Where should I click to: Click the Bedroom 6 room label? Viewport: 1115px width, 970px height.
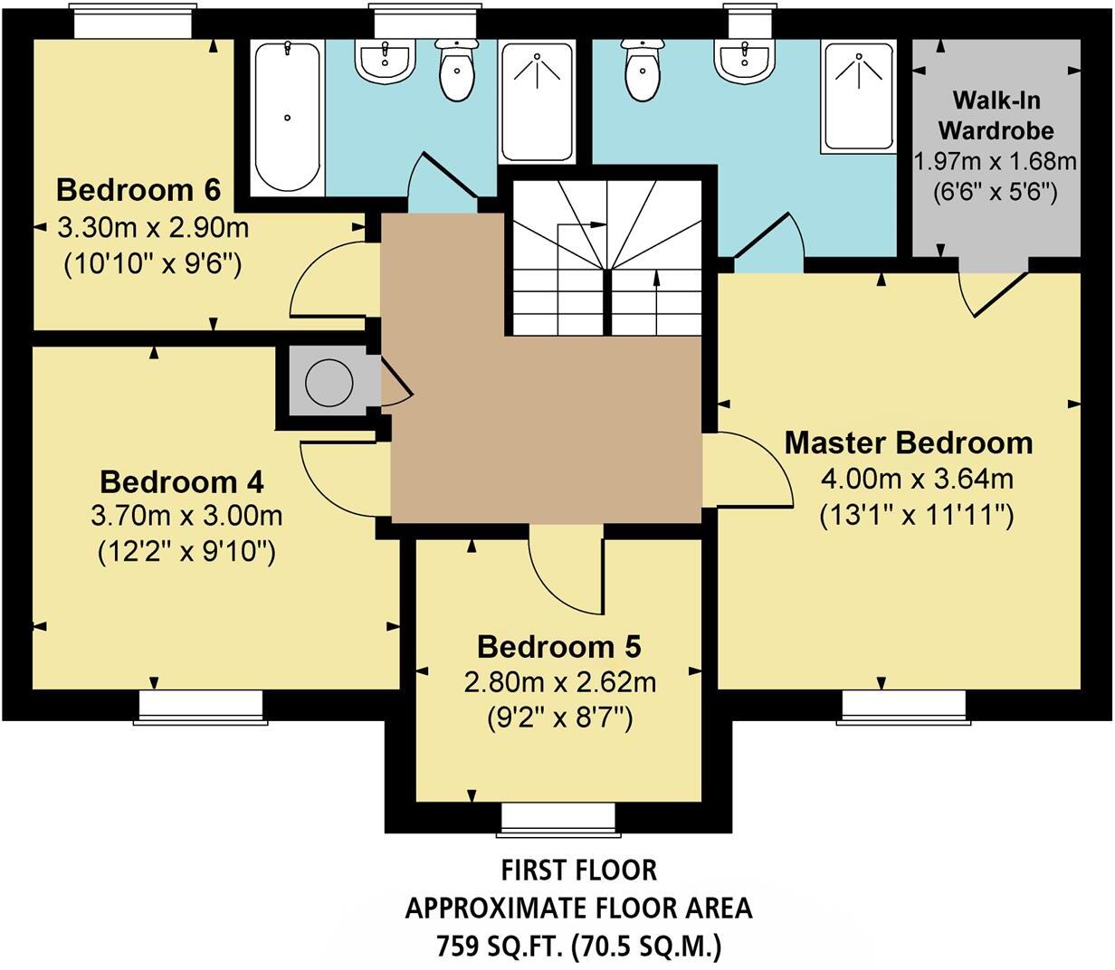click(138, 190)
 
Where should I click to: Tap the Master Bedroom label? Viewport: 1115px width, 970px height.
click(909, 442)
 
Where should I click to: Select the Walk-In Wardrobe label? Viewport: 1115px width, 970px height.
click(996, 116)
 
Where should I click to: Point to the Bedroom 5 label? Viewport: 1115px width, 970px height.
click(559, 647)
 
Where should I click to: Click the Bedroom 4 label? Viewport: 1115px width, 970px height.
click(182, 482)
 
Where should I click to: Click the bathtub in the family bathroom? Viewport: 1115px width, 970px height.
click(288, 119)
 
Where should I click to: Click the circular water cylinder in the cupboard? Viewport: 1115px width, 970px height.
click(329, 381)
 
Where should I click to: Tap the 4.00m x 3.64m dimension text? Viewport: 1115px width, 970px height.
click(917, 480)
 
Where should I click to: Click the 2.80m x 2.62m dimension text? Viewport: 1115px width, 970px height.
click(559, 683)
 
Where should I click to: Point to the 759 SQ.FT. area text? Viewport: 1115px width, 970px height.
click(500, 946)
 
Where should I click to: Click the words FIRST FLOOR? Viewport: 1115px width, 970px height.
click(578, 870)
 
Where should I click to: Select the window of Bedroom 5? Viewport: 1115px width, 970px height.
click(558, 820)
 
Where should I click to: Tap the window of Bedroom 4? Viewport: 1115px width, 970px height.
click(201, 708)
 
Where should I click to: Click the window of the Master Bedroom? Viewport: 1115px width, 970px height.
click(903, 708)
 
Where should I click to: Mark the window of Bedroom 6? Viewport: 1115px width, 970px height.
click(132, 21)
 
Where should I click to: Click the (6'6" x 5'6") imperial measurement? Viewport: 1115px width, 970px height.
click(996, 192)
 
